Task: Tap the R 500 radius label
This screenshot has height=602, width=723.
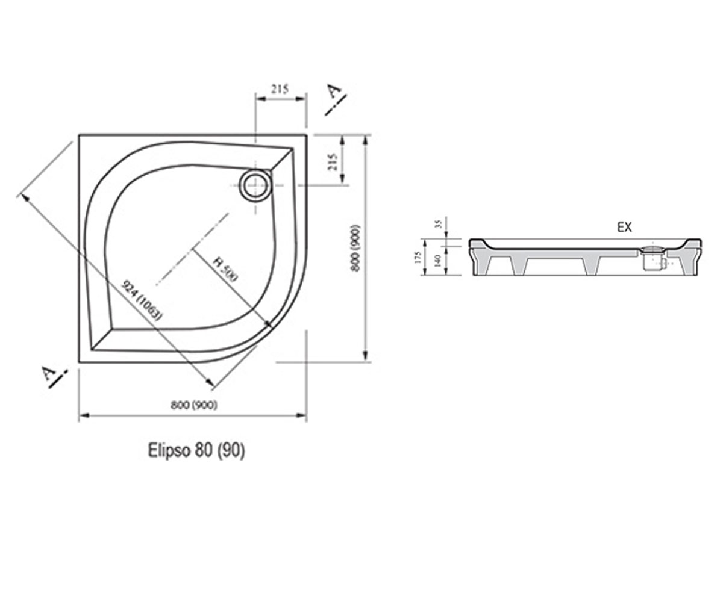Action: coord(225,269)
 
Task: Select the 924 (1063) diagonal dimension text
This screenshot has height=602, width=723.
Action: coord(142,300)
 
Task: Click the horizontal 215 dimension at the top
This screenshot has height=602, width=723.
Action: coord(280,89)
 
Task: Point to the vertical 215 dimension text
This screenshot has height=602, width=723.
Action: coord(333,161)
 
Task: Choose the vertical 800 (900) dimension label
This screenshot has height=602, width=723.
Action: coord(355,248)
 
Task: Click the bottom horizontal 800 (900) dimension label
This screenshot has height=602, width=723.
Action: coord(194,405)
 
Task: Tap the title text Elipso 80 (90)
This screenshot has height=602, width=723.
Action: coord(196,451)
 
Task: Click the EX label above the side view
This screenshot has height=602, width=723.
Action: coord(625,227)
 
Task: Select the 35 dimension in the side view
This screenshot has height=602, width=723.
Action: coord(439,223)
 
